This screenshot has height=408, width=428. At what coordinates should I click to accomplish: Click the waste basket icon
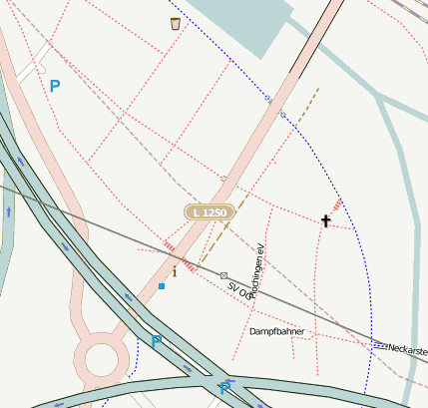tap(176, 23)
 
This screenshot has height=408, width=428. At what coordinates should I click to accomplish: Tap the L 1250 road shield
tap(210, 212)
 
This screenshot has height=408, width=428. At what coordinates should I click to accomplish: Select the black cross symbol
tap(325, 220)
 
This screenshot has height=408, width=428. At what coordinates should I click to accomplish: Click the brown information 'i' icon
tap(175, 270)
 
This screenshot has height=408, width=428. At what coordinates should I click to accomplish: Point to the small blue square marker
tap(161, 286)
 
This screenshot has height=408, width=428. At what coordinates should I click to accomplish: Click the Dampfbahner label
tap(276, 331)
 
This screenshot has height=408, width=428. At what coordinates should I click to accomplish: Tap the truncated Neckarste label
tap(408, 349)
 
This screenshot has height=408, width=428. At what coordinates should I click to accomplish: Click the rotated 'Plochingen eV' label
tap(258, 266)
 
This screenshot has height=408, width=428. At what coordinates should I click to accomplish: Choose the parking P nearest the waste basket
tap(55, 87)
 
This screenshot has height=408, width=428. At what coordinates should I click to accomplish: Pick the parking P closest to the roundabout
tap(156, 341)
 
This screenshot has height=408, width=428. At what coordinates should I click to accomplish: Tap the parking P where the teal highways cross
tap(223, 389)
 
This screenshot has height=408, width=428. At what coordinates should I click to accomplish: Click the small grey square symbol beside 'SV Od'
tap(223, 275)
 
